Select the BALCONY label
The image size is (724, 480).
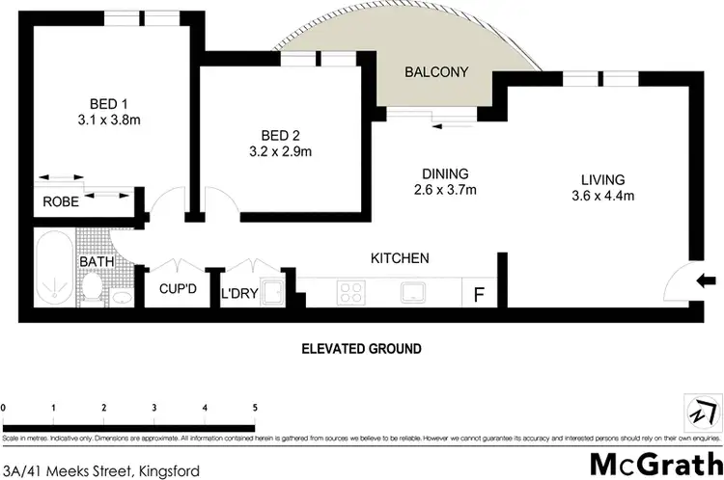(x=436, y=72)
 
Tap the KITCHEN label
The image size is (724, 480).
(x=400, y=258)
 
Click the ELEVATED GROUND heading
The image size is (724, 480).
(x=360, y=348)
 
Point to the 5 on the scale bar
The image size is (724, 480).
(x=255, y=408)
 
